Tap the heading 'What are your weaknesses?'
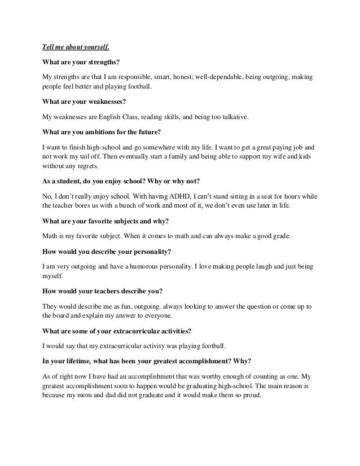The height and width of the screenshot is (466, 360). tap(85, 103)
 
